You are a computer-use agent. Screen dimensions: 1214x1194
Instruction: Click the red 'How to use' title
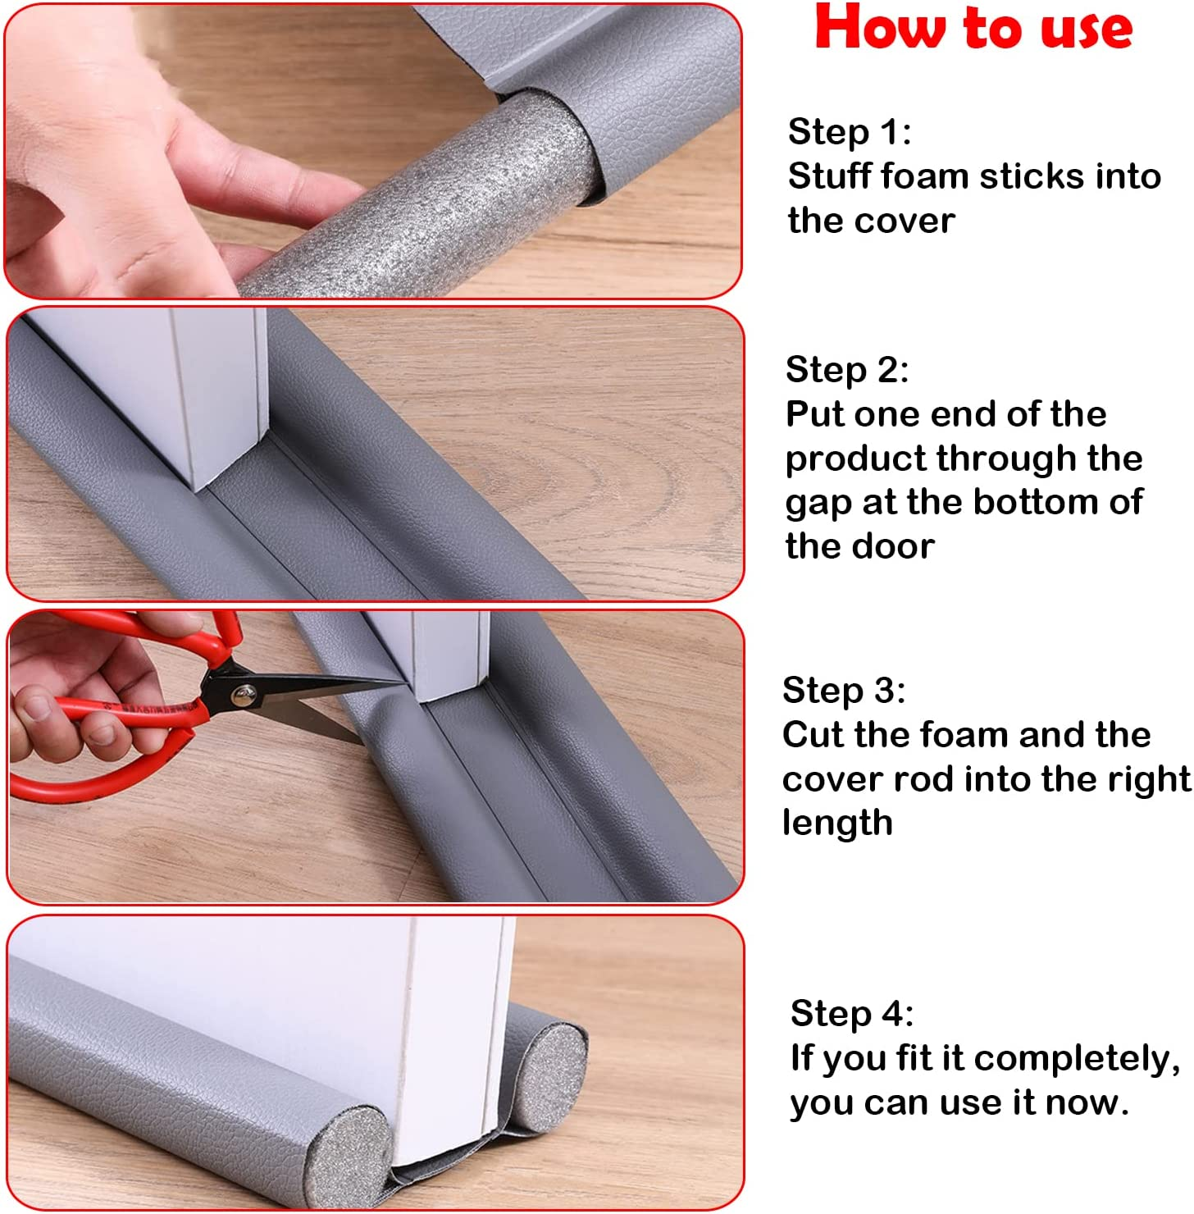pyautogui.click(x=973, y=29)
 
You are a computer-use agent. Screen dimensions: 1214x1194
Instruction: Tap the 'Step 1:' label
pyautogui.click(x=849, y=132)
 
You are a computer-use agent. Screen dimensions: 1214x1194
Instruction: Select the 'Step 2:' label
pyautogui.click(x=846, y=370)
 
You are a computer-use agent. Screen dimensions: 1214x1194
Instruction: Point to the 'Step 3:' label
pyautogui.click(x=843, y=691)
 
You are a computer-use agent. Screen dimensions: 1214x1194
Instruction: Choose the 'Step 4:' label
pyautogui.click(x=851, y=1014)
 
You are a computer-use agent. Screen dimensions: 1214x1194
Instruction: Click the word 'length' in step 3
pyautogui.click(x=836, y=823)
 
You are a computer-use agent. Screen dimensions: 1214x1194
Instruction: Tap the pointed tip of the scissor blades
pyautogui.click(x=403, y=681)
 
